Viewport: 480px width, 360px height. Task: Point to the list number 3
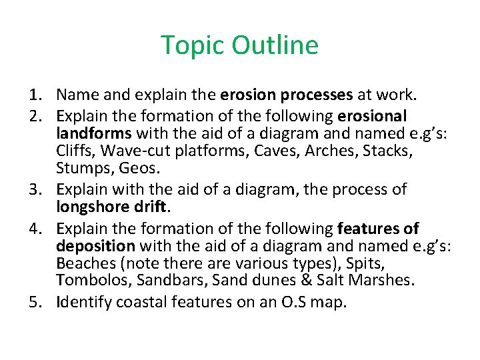click(x=34, y=189)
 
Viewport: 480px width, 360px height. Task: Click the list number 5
click(x=34, y=302)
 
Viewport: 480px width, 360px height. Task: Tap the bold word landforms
click(x=93, y=133)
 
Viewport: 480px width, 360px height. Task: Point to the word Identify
click(x=85, y=302)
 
